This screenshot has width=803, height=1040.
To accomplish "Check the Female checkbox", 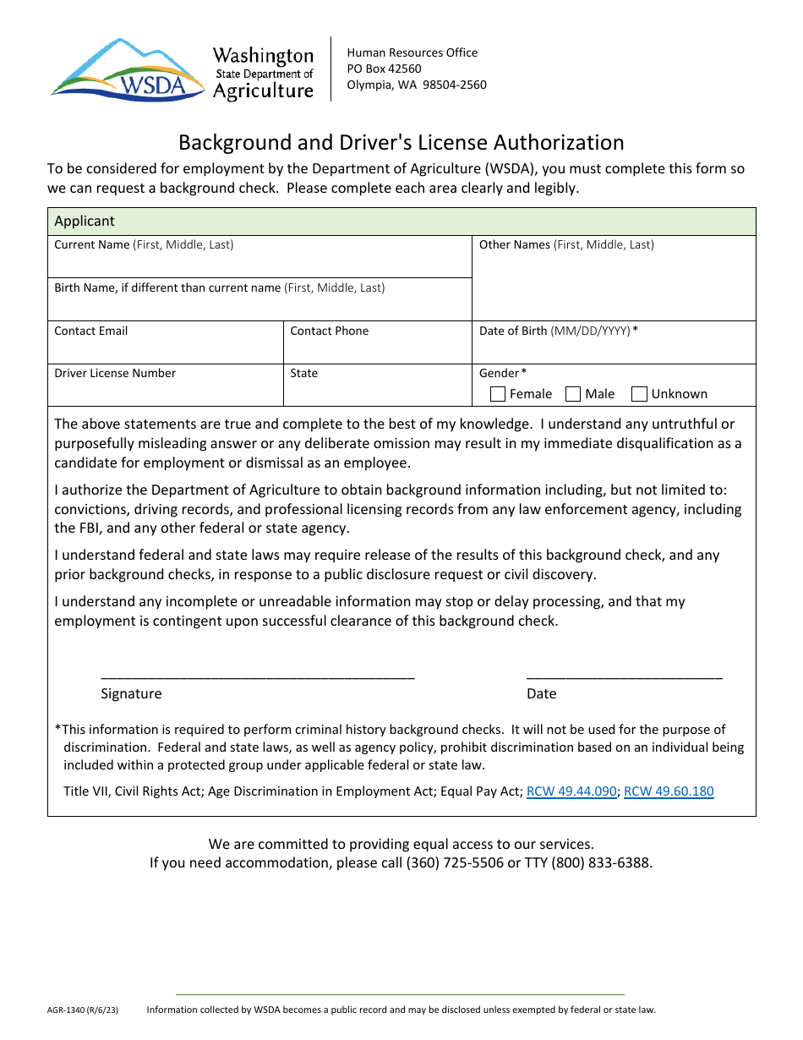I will tap(498, 394).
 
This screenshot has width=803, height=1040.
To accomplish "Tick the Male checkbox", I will tap(573, 394).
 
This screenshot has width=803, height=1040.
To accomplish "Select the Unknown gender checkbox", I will tap(640, 394).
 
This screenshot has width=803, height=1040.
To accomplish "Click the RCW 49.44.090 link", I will tap(571, 791).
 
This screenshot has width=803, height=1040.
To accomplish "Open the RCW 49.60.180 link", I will tap(669, 791).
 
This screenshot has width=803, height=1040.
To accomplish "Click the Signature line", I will tap(258, 674).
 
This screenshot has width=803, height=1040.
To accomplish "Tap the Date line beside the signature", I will tap(624, 674).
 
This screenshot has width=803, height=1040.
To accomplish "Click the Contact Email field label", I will tap(91, 331).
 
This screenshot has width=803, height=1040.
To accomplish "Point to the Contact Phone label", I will tap(330, 331).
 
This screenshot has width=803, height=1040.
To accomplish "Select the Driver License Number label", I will tap(115, 373).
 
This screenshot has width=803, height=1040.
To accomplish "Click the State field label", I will tap(304, 373).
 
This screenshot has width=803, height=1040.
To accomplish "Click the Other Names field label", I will tap(566, 244).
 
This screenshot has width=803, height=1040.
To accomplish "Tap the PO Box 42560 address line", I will tap(384, 68).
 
